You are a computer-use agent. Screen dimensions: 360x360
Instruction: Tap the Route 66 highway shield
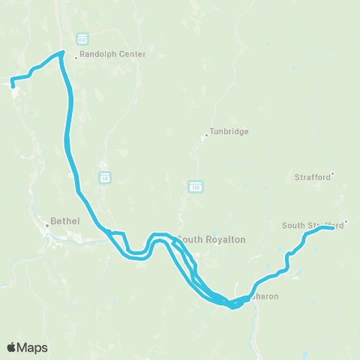[82, 38]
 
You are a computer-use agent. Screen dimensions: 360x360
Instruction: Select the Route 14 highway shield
[105, 177]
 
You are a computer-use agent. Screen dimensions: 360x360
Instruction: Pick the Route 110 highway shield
[195, 185]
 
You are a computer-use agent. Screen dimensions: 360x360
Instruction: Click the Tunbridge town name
[229, 131]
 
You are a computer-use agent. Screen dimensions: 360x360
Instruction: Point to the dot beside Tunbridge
[206, 136]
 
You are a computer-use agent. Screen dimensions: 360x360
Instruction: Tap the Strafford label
[312, 177]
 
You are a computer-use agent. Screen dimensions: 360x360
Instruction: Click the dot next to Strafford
[333, 174]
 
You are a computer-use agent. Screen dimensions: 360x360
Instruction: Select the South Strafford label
[312, 225]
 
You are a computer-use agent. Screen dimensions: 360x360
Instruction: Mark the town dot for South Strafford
[345, 222]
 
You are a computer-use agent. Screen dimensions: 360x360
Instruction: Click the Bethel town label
[59, 222]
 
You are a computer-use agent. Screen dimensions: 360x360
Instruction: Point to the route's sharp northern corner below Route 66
[62, 52]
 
